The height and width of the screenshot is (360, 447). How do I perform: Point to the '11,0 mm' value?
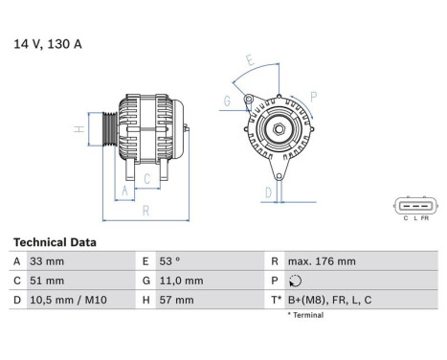tap(181, 281)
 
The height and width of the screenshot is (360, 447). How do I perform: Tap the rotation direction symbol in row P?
tap(293, 281)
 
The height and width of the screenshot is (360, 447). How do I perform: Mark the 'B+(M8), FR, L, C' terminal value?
tap(330, 301)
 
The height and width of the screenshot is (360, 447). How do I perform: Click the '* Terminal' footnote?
tap(304, 315)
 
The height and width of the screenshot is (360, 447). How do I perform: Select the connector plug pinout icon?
tap(413, 204)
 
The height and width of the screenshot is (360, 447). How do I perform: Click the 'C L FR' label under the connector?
tap(413, 219)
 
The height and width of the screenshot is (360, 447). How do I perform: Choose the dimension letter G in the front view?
tap(228, 101)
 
